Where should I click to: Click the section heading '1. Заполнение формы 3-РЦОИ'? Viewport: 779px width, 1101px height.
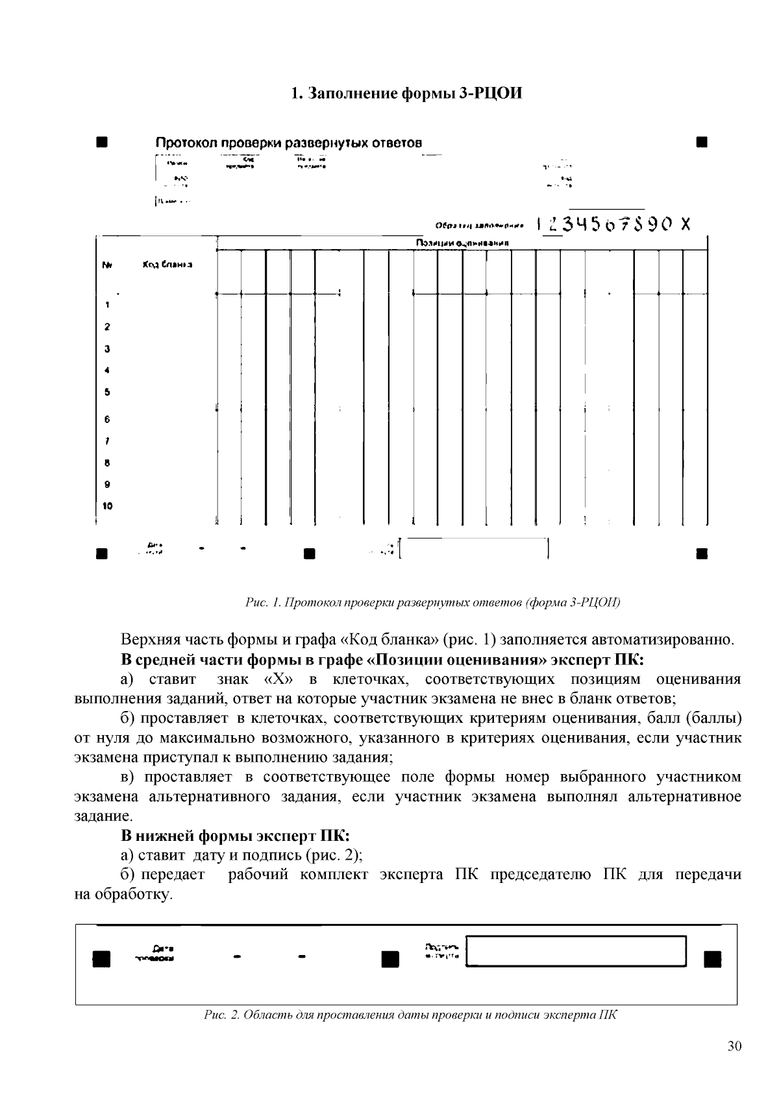(406, 93)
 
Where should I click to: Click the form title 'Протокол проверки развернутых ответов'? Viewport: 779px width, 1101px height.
(288, 142)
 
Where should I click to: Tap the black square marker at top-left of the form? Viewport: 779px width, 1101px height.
(101, 141)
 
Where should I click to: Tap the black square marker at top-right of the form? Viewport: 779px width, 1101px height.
(701, 141)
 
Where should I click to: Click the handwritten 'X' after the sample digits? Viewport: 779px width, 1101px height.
(684, 224)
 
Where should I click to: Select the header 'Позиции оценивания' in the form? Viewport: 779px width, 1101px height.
(462, 243)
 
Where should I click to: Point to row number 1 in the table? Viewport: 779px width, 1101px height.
(107, 305)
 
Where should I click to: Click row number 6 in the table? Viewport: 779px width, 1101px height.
(107, 420)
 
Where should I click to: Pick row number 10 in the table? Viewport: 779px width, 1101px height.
(107, 506)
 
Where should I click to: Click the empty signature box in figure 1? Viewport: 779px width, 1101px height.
(475, 549)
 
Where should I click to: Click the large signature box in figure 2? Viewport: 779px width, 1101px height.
(577, 950)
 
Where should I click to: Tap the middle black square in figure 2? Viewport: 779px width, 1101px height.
(389, 958)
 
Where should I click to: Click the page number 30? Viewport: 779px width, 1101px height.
(734, 1046)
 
